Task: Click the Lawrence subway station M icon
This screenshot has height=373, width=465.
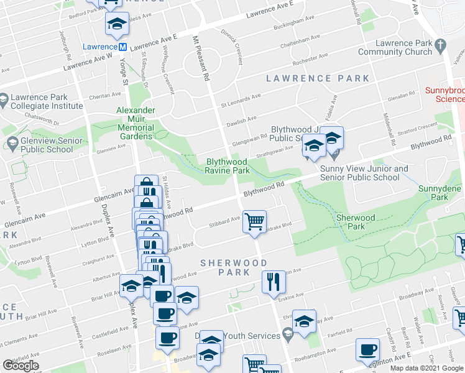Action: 123,47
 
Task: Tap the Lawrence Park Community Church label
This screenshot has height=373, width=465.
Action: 403,47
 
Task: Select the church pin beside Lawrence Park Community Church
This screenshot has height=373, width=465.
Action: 441,45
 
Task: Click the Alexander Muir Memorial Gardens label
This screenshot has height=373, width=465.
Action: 135,119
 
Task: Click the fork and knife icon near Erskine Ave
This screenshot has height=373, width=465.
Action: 272,282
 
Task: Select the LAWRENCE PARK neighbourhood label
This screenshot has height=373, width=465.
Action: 318,79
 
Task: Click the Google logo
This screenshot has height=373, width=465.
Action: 21,366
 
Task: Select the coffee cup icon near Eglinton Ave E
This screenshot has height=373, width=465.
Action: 367,349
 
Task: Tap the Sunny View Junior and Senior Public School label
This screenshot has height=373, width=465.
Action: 364,173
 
